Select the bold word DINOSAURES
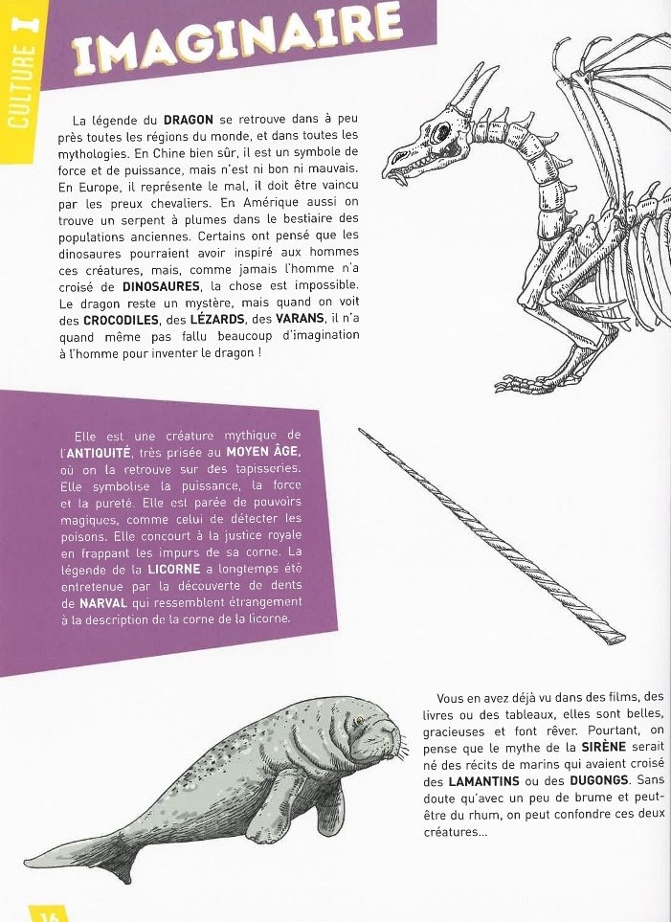click(160, 286)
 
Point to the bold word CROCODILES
click(120, 321)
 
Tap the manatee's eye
click(360, 720)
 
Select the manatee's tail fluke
click(92, 856)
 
